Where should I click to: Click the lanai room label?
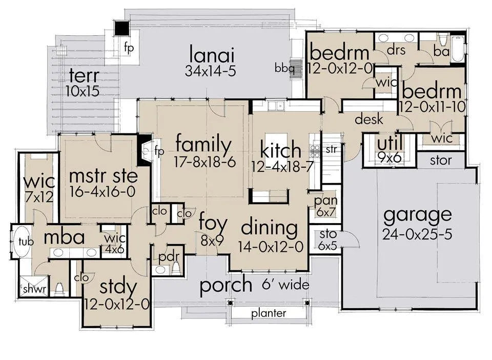tap(212, 54)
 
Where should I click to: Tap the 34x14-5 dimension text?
tap(210, 71)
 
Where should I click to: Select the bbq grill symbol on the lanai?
tap(295, 68)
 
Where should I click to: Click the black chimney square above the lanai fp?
tap(121, 28)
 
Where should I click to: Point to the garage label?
tap(418, 215)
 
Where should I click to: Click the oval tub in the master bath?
tap(21, 242)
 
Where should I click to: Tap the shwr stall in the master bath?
tap(34, 286)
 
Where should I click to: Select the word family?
tap(203, 145)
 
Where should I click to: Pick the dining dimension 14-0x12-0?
tap(271, 247)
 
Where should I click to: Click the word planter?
tap(269, 313)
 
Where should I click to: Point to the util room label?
tap(390, 144)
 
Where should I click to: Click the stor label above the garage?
tap(441, 161)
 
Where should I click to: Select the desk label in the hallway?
tap(369, 119)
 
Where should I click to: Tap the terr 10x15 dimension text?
tap(83, 91)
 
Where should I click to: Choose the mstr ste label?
tap(103, 176)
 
